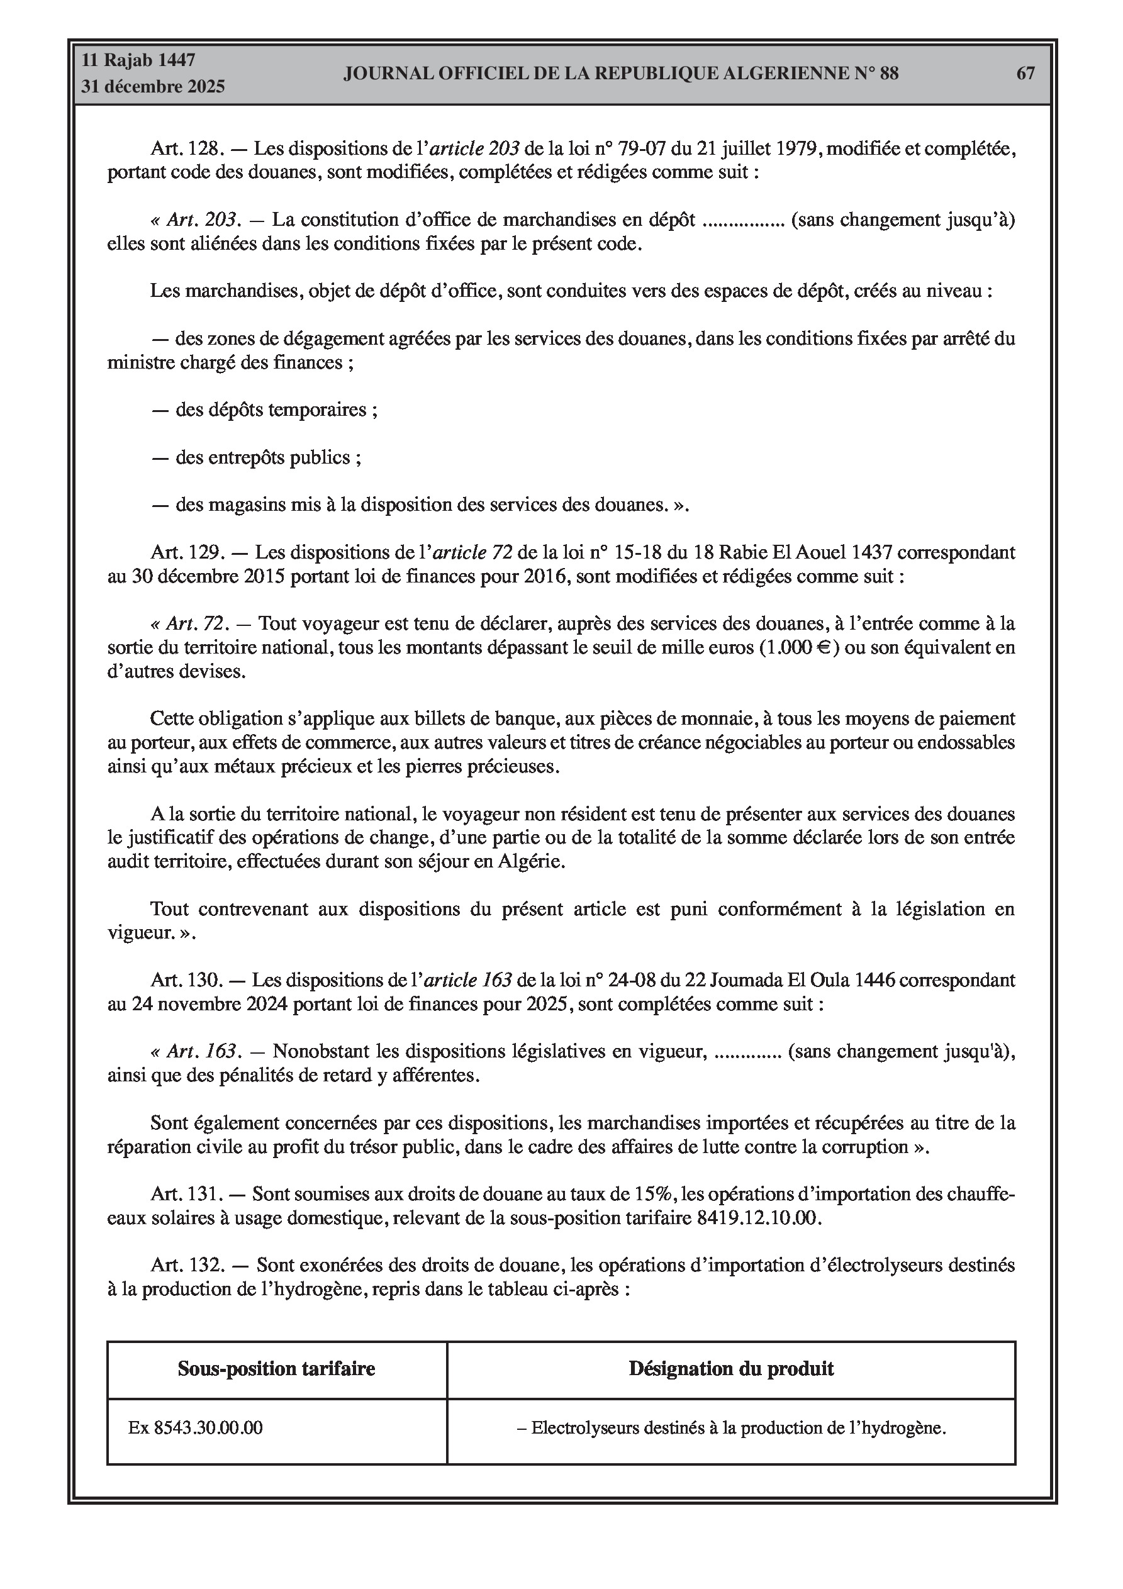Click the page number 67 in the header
1025,74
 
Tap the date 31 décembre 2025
153,87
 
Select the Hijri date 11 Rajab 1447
138,60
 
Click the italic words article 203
475,149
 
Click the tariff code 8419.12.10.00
757,1218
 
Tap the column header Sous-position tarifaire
276,1368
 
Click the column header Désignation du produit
731,1368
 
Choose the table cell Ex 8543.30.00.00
195,1428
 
